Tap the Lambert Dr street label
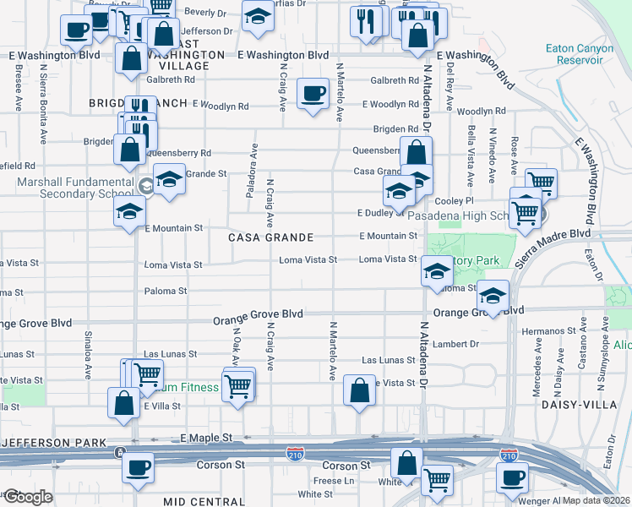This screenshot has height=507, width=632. coord(455,344)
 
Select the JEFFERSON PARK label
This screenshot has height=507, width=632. coord(52,442)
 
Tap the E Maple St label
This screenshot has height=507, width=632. coord(206,438)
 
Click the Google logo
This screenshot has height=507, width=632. coord(28,497)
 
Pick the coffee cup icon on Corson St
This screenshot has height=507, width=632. coord(138,466)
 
